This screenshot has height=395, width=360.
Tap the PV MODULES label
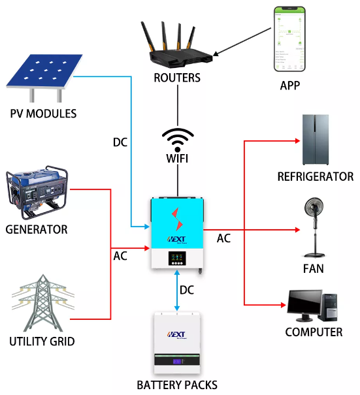(x=43, y=114)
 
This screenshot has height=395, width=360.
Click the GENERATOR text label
(x=37, y=229)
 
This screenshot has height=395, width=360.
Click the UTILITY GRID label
(x=42, y=341)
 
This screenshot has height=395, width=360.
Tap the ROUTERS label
(x=177, y=78)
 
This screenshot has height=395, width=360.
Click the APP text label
(x=290, y=85)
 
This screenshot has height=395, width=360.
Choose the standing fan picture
(x=315, y=227)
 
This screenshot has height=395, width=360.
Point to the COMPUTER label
(x=314, y=332)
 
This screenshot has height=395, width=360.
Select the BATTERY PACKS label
(x=177, y=385)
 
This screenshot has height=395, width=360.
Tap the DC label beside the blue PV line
(x=120, y=142)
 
